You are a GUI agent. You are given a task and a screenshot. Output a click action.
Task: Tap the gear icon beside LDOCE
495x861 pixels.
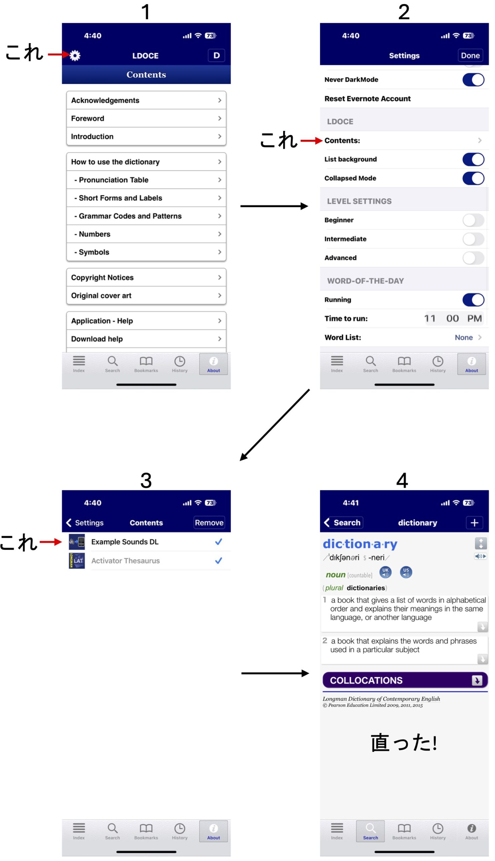tap(75, 55)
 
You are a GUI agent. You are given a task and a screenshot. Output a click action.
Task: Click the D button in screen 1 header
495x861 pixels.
tap(216, 55)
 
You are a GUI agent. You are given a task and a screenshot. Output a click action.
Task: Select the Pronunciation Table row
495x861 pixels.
tap(146, 180)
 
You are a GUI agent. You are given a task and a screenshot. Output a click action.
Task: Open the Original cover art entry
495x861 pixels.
tap(146, 295)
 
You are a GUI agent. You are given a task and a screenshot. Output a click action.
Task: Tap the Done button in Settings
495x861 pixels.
tap(470, 55)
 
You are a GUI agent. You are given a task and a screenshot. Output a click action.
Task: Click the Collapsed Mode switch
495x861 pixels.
tap(473, 179)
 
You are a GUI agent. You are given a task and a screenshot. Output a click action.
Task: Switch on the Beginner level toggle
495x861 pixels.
tap(473, 220)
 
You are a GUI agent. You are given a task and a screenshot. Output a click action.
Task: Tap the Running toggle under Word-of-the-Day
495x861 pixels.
tap(473, 300)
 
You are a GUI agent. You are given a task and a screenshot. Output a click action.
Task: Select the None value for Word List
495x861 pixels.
tap(464, 338)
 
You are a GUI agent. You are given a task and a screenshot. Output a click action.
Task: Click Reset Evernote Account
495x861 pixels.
tap(367, 99)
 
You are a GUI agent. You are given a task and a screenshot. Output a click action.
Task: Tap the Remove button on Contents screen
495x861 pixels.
tap(209, 522)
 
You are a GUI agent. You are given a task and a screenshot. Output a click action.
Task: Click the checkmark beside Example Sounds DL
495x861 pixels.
tap(219, 541)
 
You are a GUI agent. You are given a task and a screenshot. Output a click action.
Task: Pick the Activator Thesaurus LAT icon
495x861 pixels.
tap(77, 561)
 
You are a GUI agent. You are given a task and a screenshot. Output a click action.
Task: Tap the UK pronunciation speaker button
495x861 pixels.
tap(385, 572)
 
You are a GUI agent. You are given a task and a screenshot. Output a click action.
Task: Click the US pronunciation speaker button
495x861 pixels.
tap(406, 572)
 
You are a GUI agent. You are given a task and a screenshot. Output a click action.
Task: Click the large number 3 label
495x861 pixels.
tap(146, 480)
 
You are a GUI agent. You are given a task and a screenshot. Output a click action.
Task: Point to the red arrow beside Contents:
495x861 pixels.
tap(311, 140)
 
